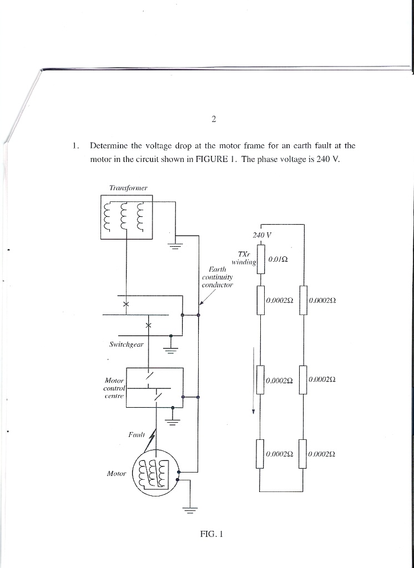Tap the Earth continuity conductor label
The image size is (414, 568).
218,277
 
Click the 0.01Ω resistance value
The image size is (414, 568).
277,259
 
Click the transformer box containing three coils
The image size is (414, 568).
127,217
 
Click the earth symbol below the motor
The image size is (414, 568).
191,510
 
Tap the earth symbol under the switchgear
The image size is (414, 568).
170,349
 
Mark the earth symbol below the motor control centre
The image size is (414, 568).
173,422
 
